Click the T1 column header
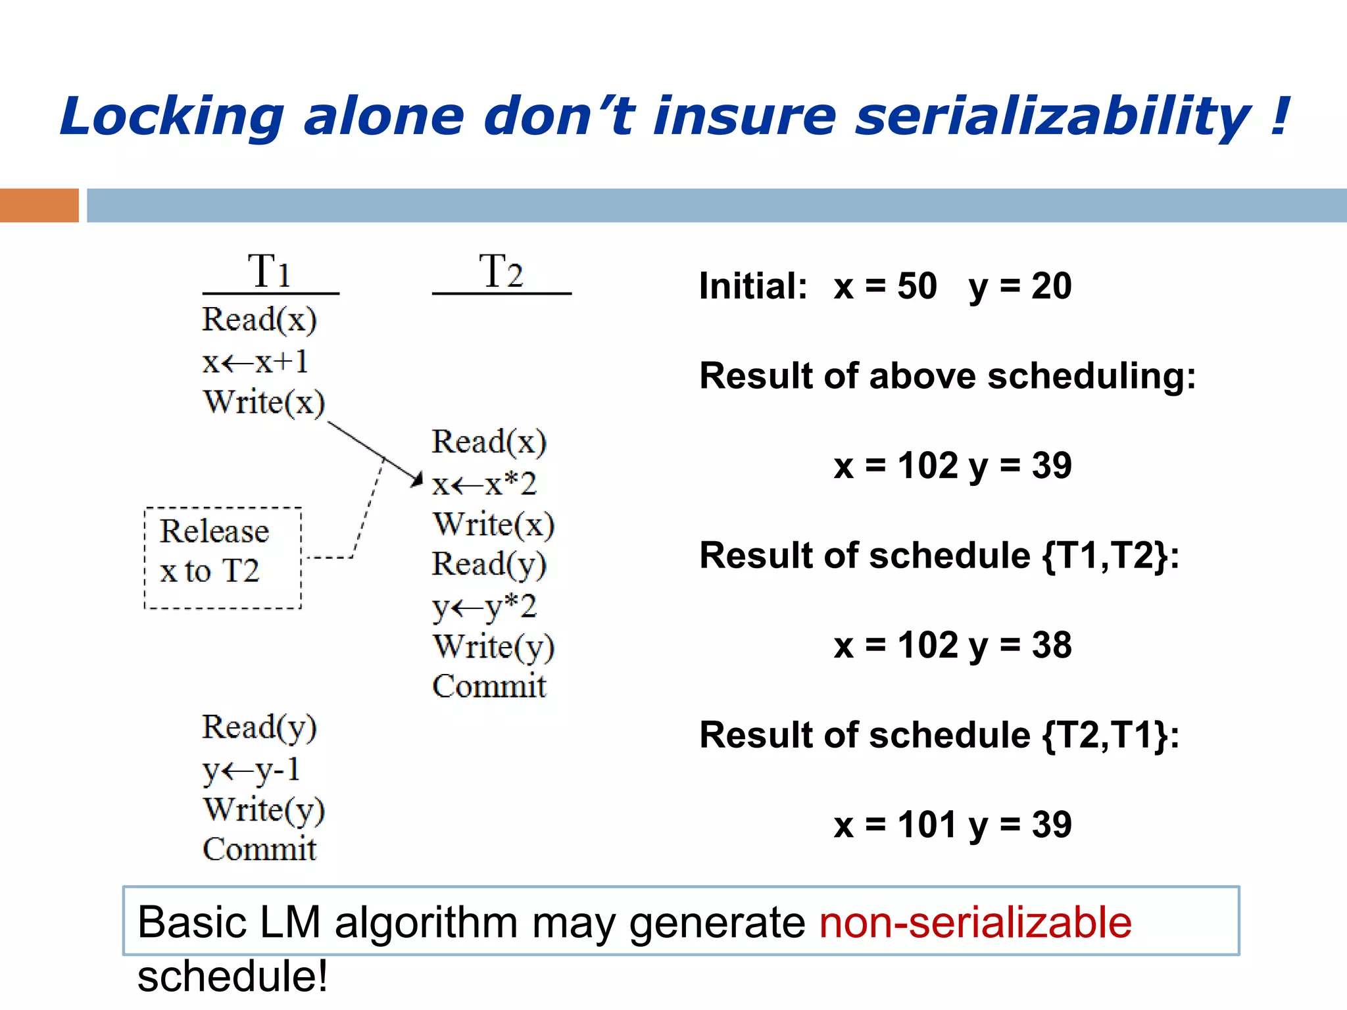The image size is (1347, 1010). [270, 271]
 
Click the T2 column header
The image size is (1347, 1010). [501, 271]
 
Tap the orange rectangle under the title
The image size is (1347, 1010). [39, 205]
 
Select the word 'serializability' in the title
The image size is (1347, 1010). [1052, 116]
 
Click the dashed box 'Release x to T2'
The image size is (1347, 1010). [222, 558]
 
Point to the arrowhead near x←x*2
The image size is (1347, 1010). [416, 479]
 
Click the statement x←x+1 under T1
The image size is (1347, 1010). [255, 362]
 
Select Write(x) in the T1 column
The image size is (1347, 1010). [264, 402]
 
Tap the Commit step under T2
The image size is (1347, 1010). [489, 686]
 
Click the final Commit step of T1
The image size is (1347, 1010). [259, 849]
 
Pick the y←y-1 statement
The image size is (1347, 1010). [251, 769]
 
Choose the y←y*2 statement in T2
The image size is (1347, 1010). [484, 606]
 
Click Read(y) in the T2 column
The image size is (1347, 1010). [489, 564]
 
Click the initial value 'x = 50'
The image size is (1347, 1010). [885, 287]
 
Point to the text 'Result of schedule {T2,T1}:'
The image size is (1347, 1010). [939, 735]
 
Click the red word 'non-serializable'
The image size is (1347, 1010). [975, 922]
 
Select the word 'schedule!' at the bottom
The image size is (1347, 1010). [232, 976]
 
